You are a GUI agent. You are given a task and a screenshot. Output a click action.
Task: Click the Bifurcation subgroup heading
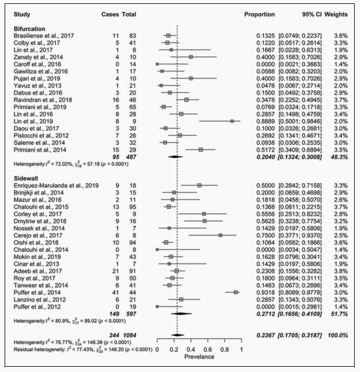29,29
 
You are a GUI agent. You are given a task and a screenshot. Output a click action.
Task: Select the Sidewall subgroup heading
26,178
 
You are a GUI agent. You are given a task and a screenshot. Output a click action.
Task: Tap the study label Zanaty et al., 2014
38,57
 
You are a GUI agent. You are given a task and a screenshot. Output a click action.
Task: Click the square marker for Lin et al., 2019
232,121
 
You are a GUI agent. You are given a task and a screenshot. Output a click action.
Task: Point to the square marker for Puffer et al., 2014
236,292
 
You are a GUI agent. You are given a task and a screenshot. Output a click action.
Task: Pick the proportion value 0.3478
266,100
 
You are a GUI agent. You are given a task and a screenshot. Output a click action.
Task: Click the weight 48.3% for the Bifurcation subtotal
339,157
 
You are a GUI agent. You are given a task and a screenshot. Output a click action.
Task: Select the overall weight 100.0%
338,335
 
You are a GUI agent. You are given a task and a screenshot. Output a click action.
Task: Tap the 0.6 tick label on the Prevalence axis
207,350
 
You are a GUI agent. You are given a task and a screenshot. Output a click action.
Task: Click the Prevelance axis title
199,357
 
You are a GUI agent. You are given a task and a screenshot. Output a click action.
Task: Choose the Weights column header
336,14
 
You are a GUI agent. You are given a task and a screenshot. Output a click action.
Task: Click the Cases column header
110,14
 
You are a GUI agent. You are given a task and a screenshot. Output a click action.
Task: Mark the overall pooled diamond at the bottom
177,335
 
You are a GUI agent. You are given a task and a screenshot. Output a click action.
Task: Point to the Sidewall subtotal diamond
181,314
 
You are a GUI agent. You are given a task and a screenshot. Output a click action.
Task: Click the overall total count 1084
130,335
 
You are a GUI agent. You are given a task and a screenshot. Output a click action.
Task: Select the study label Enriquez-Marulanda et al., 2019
56,186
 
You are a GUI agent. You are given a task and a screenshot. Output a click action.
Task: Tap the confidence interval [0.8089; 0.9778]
300,292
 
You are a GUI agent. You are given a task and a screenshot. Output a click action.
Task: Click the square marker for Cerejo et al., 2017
221,235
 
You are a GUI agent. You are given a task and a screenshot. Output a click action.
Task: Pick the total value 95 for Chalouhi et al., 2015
133,207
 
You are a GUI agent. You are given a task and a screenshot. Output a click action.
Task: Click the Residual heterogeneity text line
83,349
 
